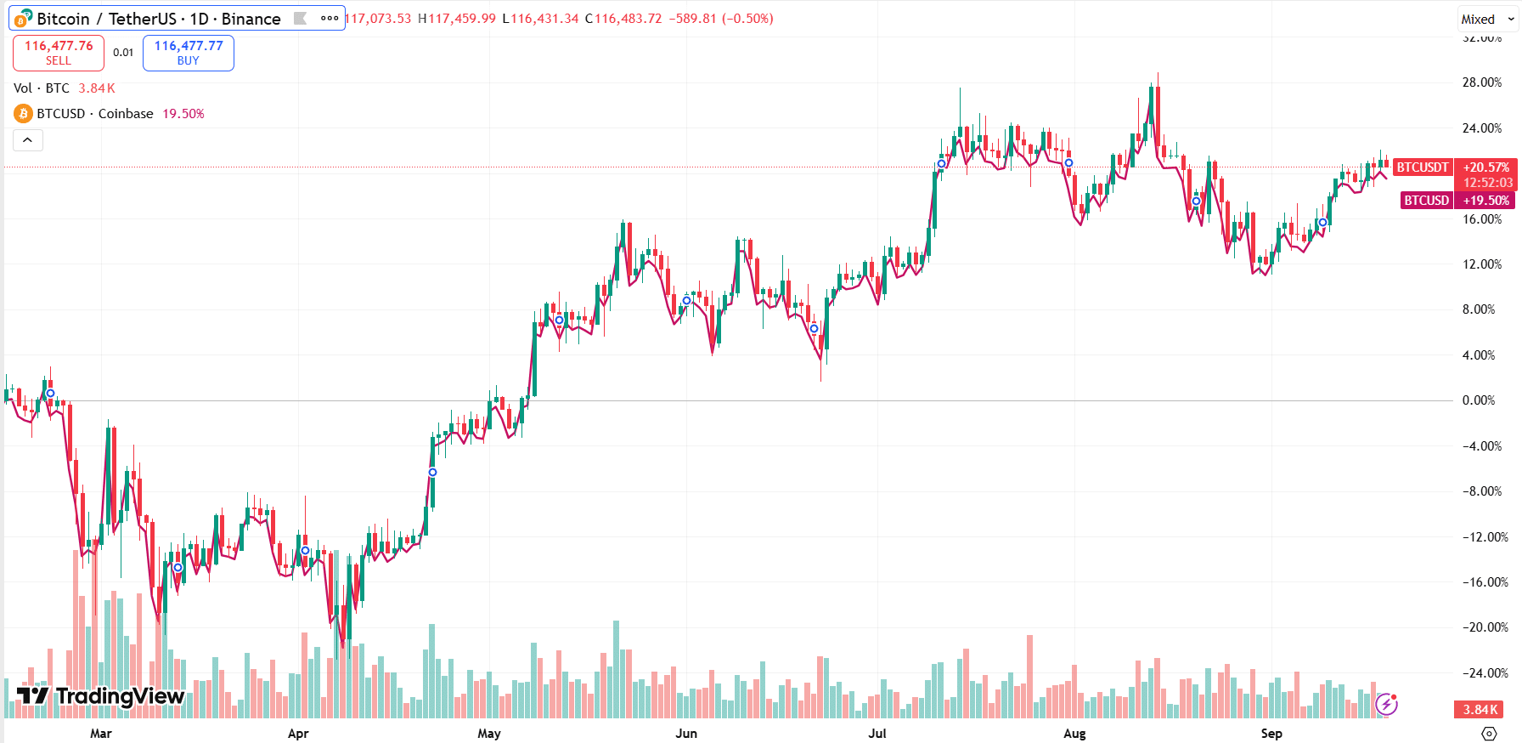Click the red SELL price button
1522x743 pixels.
tap(59, 53)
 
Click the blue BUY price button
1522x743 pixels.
tap(189, 53)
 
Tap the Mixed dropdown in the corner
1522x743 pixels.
tap(1487, 19)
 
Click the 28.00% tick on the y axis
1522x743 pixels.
tap(1481, 82)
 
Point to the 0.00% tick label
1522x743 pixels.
tap(1479, 400)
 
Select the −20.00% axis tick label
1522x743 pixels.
tap(1485, 627)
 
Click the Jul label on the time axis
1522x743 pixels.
tap(877, 733)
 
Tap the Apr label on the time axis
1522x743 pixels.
tap(298, 733)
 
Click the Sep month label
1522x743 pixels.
tap(1271, 733)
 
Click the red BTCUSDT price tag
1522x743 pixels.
tap(1423, 167)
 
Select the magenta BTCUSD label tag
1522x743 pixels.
tap(1426, 201)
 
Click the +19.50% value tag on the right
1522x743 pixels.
tap(1485, 201)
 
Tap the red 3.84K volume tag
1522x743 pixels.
tap(1480, 709)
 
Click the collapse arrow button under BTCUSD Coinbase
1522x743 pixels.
tap(28, 140)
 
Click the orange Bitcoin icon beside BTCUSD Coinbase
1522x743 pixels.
tap(23, 114)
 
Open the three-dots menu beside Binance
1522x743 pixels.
tap(330, 19)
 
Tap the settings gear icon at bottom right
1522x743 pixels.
tap(1489, 733)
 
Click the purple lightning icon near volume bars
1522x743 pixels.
tap(1386, 704)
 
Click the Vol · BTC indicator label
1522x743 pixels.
tap(42, 88)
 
